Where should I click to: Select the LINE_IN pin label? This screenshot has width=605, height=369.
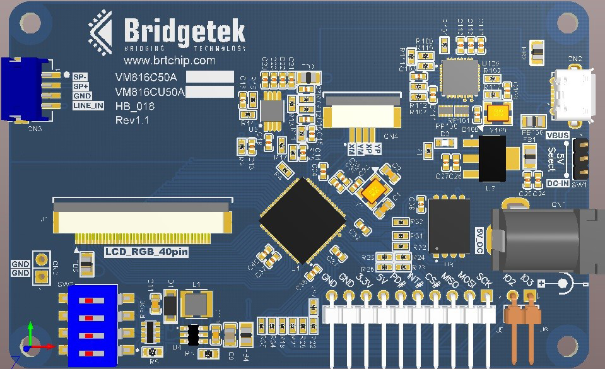tap(88, 105)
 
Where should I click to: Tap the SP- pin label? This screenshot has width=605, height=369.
tap(79, 77)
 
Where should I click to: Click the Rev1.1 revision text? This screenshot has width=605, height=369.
tap(132, 120)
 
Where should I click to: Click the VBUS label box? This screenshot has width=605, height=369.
tap(557, 136)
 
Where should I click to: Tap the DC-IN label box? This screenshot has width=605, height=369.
tap(556, 183)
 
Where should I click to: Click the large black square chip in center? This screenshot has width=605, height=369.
tap(303, 220)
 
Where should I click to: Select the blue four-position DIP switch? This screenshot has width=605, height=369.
tap(93, 325)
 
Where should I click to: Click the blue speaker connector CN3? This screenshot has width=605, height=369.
tap(25, 89)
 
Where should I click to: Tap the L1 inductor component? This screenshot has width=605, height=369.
tap(196, 303)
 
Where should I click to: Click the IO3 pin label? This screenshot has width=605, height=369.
tap(527, 279)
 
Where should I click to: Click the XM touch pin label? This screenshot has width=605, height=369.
tap(351, 149)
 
